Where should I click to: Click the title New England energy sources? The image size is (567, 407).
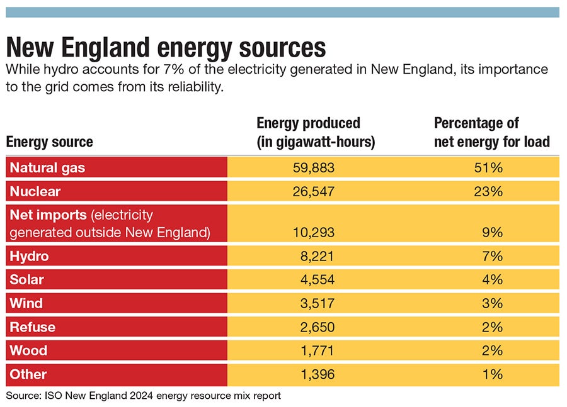point(166,48)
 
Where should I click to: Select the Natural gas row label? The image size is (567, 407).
point(47,168)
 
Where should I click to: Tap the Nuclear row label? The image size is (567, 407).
point(35,191)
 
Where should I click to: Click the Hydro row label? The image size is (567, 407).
point(29,256)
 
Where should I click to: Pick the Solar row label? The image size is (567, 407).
point(27,279)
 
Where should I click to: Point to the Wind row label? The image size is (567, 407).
point(26,303)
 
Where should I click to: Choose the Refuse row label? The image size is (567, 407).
point(33,327)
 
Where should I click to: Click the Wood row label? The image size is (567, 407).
point(28,350)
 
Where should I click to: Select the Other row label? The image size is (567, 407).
point(28,374)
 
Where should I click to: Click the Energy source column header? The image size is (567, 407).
point(50,142)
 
